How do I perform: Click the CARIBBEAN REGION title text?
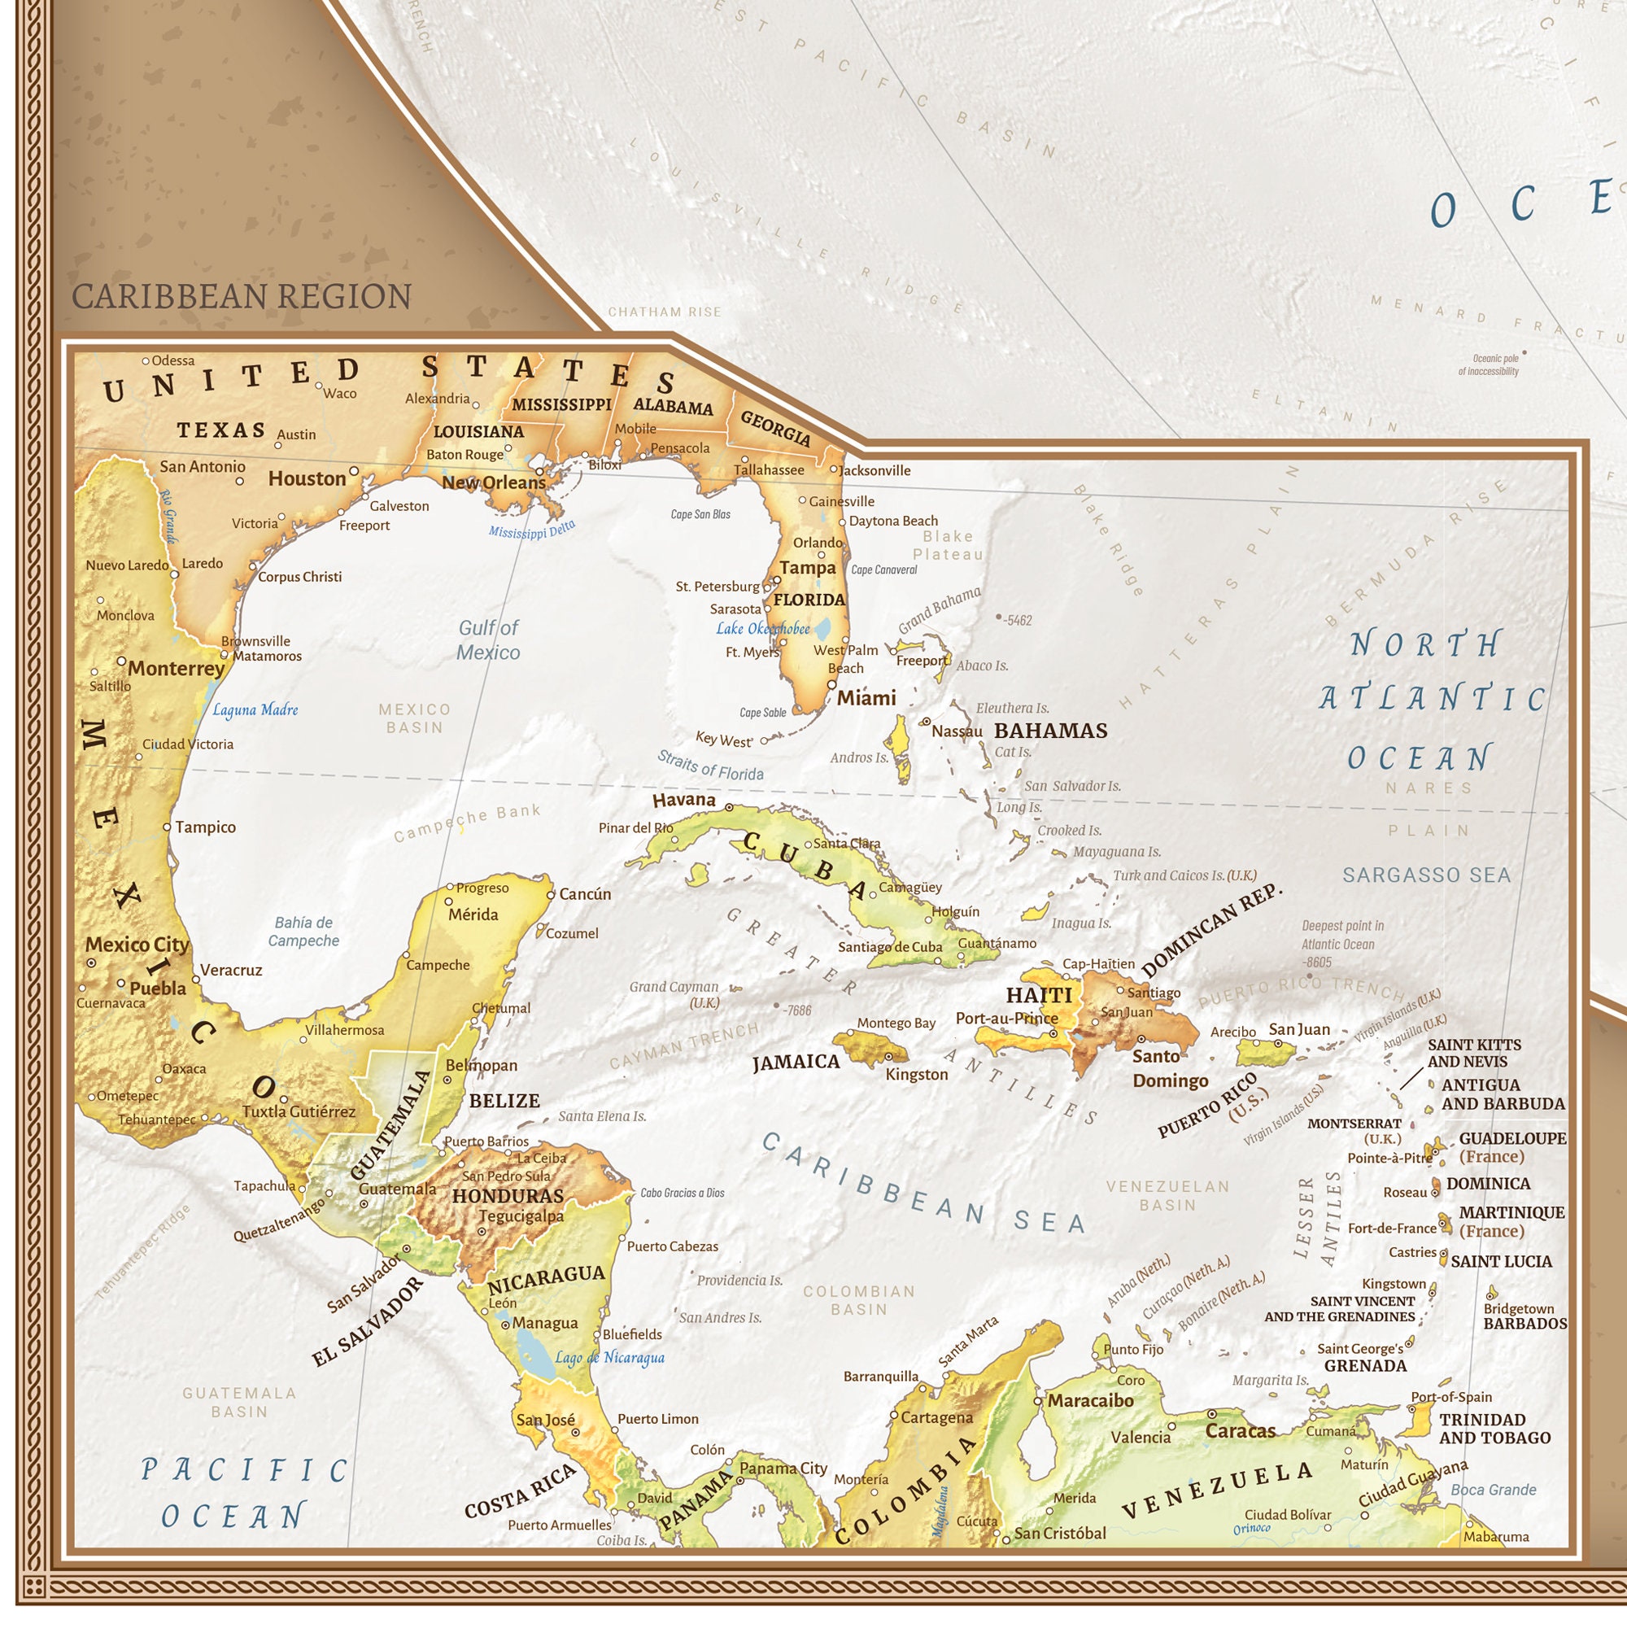click(241, 297)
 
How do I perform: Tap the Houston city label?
click(307, 478)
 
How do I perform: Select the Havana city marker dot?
click(729, 807)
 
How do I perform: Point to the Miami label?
click(866, 698)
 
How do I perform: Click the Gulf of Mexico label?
click(488, 639)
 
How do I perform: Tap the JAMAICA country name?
click(796, 1062)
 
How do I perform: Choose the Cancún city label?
click(585, 894)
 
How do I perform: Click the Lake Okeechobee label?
click(762, 629)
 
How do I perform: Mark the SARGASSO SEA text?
click(1426, 875)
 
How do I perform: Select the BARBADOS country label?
click(1525, 1324)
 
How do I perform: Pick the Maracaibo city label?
click(1089, 1400)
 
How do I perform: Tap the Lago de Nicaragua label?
click(609, 1358)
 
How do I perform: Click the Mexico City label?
click(137, 945)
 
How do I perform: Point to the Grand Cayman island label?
click(674, 993)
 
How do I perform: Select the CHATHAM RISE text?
click(665, 312)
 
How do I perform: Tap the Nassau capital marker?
click(925, 722)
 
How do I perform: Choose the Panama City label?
click(783, 1469)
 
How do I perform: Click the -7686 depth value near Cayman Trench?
click(796, 1010)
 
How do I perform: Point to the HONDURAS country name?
click(508, 1196)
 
